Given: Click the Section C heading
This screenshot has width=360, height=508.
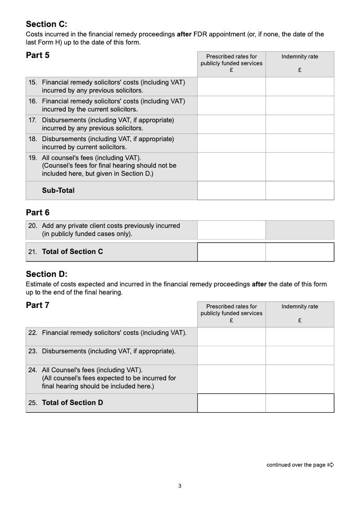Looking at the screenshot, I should (46, 24).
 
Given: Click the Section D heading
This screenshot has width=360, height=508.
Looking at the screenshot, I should (46, 274).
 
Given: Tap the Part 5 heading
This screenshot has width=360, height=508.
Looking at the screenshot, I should (38, 55).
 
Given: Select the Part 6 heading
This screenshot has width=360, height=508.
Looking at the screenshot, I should (38, 212).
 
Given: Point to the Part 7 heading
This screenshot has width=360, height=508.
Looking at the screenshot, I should (38, 305).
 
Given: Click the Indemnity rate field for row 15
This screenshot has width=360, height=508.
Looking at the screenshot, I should (300, 86).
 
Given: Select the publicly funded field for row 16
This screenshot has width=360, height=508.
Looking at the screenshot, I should (231, 105).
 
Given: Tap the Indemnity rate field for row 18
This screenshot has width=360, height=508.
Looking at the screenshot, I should (300, 143).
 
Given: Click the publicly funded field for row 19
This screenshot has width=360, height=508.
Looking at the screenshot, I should (231, 166).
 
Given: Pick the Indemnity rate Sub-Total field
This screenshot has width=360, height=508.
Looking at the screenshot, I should (300, 190).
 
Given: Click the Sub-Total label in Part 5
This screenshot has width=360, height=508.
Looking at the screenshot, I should (58, 190).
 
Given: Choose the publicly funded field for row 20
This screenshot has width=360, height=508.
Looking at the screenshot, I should (231, 230).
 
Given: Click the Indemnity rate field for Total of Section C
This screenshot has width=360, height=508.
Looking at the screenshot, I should (300, 252).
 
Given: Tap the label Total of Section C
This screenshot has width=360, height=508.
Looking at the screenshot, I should (72, 252).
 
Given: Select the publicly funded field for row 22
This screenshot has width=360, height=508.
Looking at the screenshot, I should (231, 336).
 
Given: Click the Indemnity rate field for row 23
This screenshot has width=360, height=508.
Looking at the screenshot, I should (300, 355).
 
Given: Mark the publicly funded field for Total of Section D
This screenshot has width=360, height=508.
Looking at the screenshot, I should (231, 403).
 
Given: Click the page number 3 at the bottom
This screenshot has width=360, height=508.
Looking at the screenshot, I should (180, 486).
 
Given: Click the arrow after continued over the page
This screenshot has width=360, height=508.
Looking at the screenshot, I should (331, 465).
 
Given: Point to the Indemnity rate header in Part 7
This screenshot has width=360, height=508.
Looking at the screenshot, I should (300, 307).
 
